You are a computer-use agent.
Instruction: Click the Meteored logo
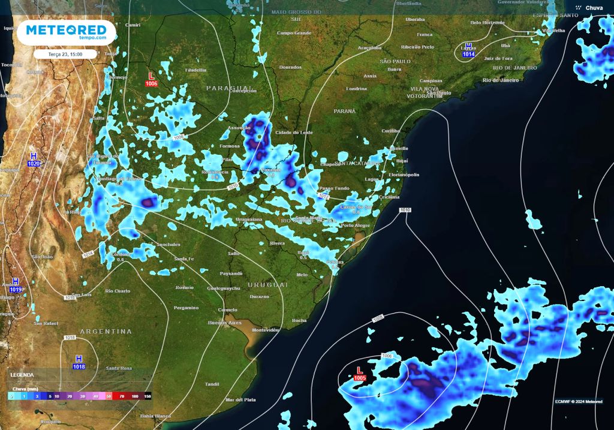coord(65,32)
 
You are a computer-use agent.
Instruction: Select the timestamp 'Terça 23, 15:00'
coord(65,54)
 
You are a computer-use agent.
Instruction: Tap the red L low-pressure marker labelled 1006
coord(151,79)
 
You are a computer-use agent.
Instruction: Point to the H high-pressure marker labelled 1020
coord(34,160)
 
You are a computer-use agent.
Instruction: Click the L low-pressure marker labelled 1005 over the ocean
coord(360,374)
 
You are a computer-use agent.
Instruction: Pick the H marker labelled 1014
coord(468,50)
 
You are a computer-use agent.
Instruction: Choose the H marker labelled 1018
coord(79,362)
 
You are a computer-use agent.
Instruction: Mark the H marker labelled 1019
coord(16,285)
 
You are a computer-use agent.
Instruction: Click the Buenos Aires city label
coord(221,323)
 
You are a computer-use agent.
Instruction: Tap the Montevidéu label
coord(266,330)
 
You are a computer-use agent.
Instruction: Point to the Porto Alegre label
coord(355,225)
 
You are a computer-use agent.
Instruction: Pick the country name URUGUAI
coord(267,284)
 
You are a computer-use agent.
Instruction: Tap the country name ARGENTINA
coord(106,331)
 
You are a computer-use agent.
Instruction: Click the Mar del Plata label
coord(240,399)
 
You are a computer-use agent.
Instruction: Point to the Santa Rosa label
coord(119,368)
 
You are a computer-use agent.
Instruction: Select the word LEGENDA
coord(22,374)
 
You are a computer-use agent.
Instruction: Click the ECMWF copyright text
coord(579,401)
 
